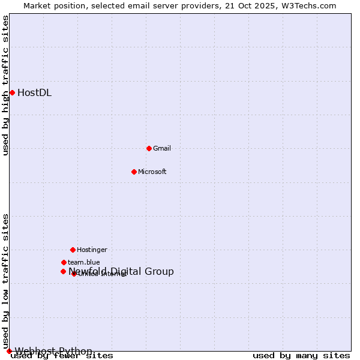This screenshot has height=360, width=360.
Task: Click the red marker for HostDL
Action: coord(12,92)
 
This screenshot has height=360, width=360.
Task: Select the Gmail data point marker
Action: coord(149,148)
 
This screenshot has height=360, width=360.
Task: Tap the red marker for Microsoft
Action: coord(134,172)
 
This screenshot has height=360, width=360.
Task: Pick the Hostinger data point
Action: coord(73,250)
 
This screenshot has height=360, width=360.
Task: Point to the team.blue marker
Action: coord(64,262)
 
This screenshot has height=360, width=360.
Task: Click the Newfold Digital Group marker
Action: coord(63,271)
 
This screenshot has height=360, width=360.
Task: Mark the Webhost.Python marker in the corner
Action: coord(9,351)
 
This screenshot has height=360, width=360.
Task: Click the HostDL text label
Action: coord(34,92)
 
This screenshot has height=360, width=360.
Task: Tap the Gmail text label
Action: coord(162,148)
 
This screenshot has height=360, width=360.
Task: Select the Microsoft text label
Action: coord(152,172)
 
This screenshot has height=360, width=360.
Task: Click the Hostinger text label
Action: coord(92,250)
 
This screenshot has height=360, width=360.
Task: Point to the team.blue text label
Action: coord(84,262)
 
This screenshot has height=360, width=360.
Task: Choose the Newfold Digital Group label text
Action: coord(121,271)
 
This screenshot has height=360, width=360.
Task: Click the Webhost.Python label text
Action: coord(53,351)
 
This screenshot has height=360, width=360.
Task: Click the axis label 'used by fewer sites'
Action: coord(62,356)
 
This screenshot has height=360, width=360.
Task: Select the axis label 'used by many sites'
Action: coord(301,356)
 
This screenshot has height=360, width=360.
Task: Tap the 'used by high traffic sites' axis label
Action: coord(6,85)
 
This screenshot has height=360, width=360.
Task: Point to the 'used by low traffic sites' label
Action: coord(6,281)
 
